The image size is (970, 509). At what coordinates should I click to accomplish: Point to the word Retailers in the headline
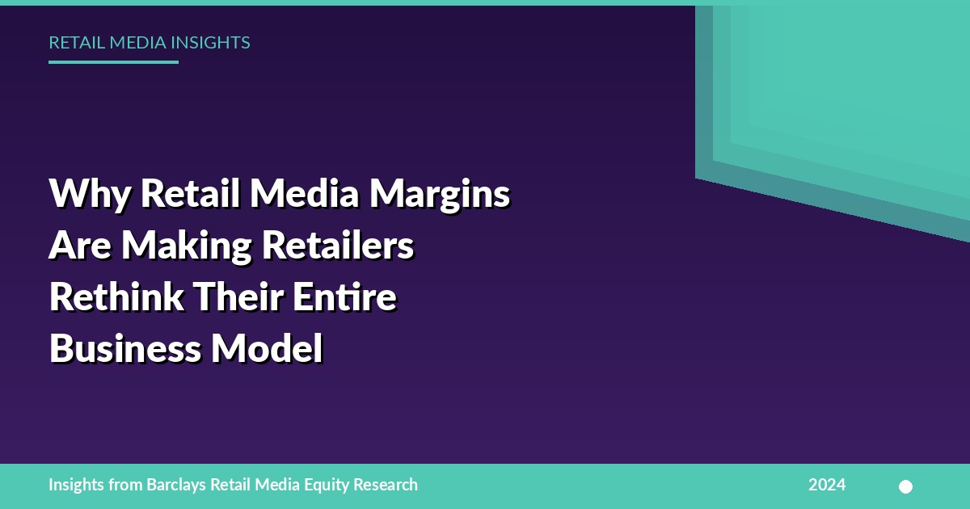[x=338, y=245]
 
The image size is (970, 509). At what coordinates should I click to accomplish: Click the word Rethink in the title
[x=116, y=297]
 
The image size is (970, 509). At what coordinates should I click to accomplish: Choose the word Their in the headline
[x=238, y=297]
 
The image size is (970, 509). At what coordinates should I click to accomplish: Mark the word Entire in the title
[x=345, y=297]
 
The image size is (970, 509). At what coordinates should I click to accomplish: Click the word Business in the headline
[x=125, y=348]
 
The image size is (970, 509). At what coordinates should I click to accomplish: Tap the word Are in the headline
[x=80, y=246]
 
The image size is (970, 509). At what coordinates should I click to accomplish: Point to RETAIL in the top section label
[x=77, y=42]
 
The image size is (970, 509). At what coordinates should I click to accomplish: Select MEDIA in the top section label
[x=138, y=42]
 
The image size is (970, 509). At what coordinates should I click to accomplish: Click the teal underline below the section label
[x=113, y=62]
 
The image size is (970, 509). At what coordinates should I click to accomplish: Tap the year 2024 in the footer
[x=827, y=485]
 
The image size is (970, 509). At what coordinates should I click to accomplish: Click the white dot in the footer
[x=905, y=487]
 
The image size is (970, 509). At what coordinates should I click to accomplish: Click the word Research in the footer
[x=386, y=485]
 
